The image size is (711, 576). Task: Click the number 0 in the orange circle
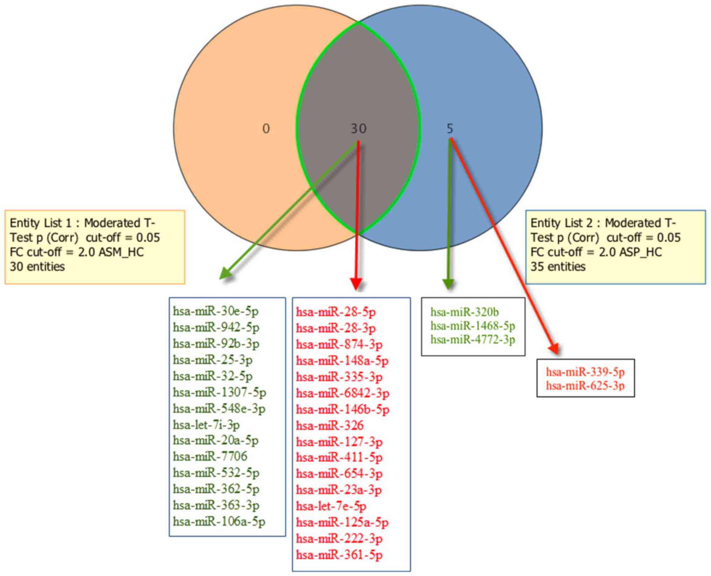(x=266, y=129)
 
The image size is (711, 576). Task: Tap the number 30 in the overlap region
(x=358, y=129)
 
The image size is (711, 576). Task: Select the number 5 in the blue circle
(x=450, y=129)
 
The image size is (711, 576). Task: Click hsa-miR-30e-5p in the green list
(x=216, y=311)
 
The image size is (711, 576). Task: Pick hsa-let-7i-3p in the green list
(x=206, y=425)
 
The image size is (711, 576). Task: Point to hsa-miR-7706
(x=210, y=456)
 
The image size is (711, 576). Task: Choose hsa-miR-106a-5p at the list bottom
(x=219, y=521)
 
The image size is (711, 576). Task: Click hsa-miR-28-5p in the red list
(x=336, y=312)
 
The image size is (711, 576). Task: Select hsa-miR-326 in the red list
(x=330, y=425)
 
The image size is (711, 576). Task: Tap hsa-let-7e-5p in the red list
(x=331, y=506)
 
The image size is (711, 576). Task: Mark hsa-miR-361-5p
(x=339, y=555)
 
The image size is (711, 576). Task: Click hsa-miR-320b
(x=465, y=312)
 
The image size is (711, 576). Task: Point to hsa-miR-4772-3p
(x=473, y=339)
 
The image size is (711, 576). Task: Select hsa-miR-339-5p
(x=585, y=372)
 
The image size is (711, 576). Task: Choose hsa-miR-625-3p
(x=585, y=386)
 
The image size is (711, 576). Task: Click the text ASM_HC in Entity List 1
(x=121, y=252)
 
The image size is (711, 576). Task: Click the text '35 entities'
(x=558, y=267)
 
